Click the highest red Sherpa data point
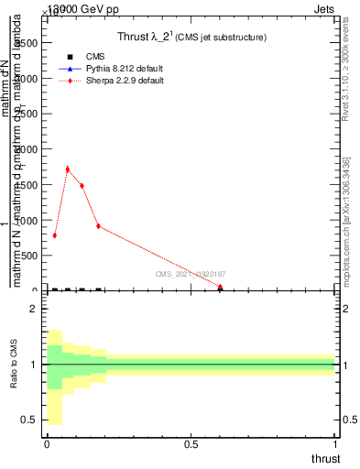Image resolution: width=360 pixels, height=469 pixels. [x=68, y=169]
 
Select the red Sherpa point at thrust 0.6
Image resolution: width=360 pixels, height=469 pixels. [x=220, y=287]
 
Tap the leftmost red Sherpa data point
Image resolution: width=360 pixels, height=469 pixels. [x=55, y=235]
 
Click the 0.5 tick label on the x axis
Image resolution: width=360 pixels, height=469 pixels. [x=191, y=444]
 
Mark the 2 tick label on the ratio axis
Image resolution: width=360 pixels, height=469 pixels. [x=34, y=309]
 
